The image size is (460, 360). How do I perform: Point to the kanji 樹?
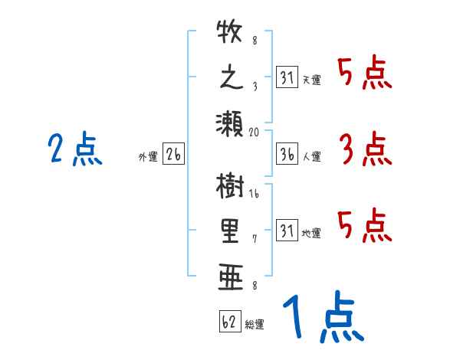coord(230,188)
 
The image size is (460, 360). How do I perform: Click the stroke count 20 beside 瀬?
coord(255,132)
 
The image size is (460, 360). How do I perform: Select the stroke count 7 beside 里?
coord(255,239)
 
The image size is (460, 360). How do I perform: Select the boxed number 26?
coord(173,154)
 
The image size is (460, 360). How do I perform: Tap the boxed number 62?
coord(229,322)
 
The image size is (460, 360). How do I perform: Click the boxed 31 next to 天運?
coord(286,77)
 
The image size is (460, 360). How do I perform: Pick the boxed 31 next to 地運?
coord(286,229)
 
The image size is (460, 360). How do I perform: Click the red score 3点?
coord(365,149)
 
